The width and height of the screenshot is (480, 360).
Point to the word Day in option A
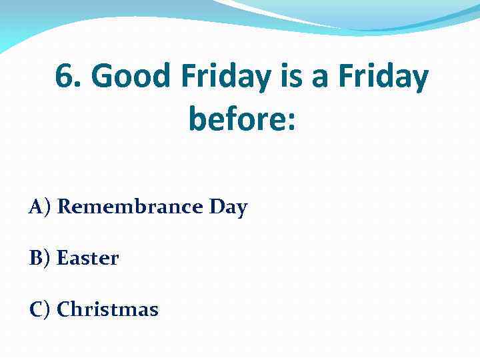tap(227, 208)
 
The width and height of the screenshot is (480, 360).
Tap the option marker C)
tap(39, 310)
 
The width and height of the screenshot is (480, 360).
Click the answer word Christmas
tap(107, 310)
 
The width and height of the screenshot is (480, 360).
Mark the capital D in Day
tap(216, 207)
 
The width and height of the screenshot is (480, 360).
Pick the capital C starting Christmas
tap(63, 310)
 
